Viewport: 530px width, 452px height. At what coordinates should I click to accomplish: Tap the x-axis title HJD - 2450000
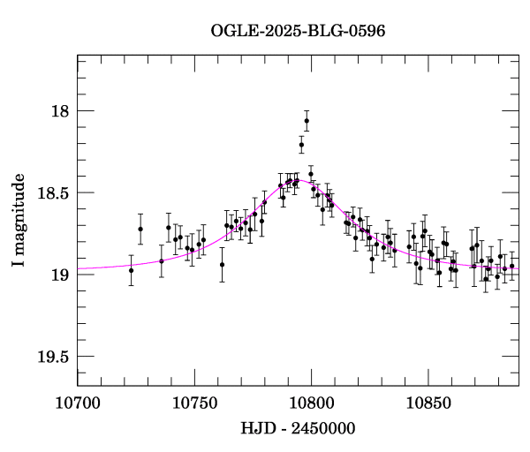click(298, 429)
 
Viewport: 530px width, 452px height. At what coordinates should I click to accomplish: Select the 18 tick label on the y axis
click(59, 111)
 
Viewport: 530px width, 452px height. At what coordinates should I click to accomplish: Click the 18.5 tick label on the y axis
click(52, 192)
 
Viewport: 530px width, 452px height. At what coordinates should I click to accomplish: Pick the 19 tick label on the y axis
click(59, 275)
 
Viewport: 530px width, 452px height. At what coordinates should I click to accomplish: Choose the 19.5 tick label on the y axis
click(52, 357)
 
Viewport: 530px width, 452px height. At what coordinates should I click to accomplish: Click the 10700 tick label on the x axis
click(78, 403)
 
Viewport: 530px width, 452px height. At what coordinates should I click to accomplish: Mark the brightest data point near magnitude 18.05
click(307, 121)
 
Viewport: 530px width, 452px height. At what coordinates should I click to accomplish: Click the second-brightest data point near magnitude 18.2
click(301, 145)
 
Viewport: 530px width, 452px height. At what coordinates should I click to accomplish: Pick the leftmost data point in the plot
click(131, 270)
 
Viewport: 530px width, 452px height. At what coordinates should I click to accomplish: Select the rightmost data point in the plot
click(511, 266)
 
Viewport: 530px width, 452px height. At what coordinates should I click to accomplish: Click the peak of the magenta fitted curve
click(299, 180)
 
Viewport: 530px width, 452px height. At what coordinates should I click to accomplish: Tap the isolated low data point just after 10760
click(222, 264)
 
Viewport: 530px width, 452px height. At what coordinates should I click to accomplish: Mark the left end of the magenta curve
click(79, 268)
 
